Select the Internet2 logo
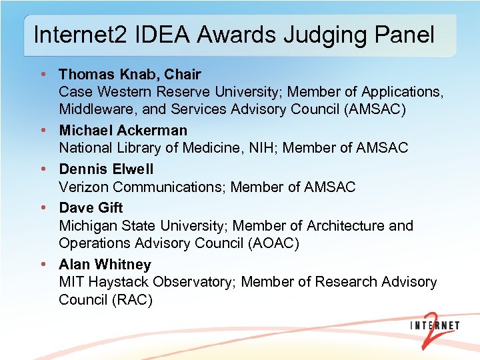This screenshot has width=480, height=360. coord(433,326)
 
